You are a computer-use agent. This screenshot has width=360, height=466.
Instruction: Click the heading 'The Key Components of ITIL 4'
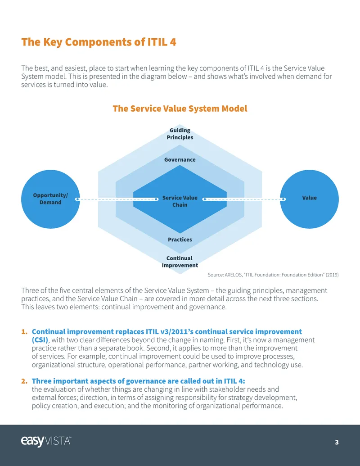tap(99, 42)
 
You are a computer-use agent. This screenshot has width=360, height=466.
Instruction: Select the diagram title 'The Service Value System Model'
tap(180, 109)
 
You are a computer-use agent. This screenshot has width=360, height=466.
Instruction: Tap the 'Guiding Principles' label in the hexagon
tap(180, 134)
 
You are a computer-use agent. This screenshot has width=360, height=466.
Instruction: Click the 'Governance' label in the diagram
tap(180, 159)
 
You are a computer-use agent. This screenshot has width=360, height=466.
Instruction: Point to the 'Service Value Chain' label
tap(180, 201)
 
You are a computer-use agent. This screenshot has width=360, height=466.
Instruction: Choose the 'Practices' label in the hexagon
tap(180, 240)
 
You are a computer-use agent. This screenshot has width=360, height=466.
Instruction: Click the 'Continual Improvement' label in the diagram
tap(180, 262)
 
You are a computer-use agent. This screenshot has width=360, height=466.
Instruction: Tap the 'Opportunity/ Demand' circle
tap(50, 199)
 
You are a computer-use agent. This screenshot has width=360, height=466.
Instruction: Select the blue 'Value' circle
tap(310, 199)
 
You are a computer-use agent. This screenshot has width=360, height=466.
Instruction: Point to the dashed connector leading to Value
tap(244, 199)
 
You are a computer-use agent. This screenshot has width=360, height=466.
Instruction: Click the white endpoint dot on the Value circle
tap(283, 199)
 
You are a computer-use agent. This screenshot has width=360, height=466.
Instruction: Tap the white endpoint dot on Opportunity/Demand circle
tap(77, 199)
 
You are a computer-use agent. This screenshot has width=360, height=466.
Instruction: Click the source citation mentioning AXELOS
tap(273, 275)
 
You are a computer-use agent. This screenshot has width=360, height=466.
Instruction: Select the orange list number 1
tap(24, 332)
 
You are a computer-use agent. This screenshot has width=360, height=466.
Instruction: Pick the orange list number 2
tap(24, 381)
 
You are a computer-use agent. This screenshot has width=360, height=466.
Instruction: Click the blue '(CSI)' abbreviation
tap(40, 340)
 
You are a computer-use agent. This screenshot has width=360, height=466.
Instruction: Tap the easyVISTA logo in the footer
tap(46, 441)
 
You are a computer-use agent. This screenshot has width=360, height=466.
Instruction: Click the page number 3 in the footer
tap(337, 442)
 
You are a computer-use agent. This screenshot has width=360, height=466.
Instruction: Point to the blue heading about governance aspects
tap(139, 381)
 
